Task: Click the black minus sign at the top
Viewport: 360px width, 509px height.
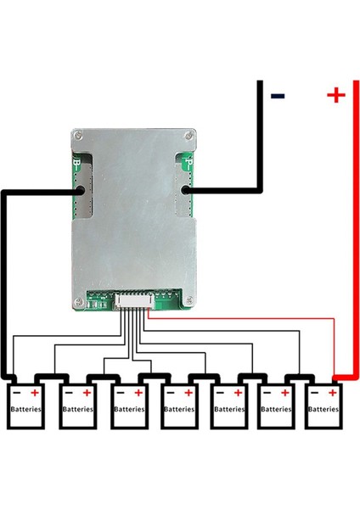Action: [278, 95]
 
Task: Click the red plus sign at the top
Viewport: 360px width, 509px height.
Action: [335, 95]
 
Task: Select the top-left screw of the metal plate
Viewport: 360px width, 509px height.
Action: [80, 136]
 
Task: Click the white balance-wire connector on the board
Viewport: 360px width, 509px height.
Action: [131, 299]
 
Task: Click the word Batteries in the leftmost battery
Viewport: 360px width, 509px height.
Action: [26, 408]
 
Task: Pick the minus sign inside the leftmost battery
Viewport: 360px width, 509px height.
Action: [17, 394]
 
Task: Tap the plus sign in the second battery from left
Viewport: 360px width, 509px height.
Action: [87, 394]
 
